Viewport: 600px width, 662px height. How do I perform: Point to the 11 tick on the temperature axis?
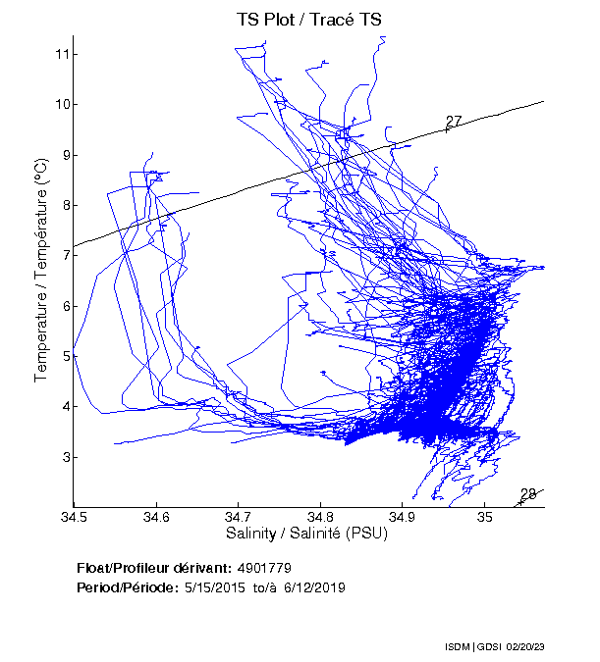tap(60, 53)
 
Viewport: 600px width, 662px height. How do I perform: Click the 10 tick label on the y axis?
tap(60, 104)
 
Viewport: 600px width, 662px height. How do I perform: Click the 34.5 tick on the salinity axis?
tap(74, 517)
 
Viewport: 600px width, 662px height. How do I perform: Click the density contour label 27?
tap(454, 122)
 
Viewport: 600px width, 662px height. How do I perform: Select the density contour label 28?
tap(528, 494)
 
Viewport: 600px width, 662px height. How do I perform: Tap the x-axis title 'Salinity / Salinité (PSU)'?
tap(307, 534)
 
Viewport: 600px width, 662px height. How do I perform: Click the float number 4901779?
tap(264, 568)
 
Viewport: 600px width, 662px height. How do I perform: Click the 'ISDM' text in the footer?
tap(458, 648)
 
